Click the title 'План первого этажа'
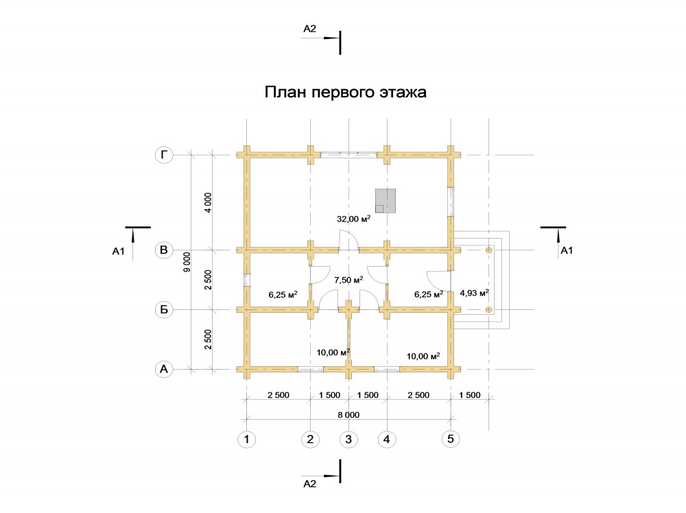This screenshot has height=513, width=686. [346, 93]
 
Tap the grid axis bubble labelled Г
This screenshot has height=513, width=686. [163, 156]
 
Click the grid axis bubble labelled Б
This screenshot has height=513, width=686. [163, 310]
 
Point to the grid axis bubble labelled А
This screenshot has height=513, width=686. [163, 369]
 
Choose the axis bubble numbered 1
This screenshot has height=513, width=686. [246, 439]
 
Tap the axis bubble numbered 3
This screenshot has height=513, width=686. [348, 439]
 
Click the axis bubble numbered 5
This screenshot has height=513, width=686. [451, 439]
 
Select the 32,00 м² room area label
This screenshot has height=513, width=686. [354, 219]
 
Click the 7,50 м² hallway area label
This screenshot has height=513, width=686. [348, 280]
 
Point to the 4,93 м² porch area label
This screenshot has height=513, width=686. [474, 294]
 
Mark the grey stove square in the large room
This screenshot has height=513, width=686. [386, 200]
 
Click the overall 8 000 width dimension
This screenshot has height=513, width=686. [348, 414]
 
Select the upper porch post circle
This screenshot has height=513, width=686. [489, 250]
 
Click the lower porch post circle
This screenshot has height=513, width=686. [489, 309]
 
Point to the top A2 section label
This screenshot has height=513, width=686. [309, 29]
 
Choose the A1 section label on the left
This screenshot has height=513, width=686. [117, 252]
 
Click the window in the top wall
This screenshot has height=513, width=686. [348, 155]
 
